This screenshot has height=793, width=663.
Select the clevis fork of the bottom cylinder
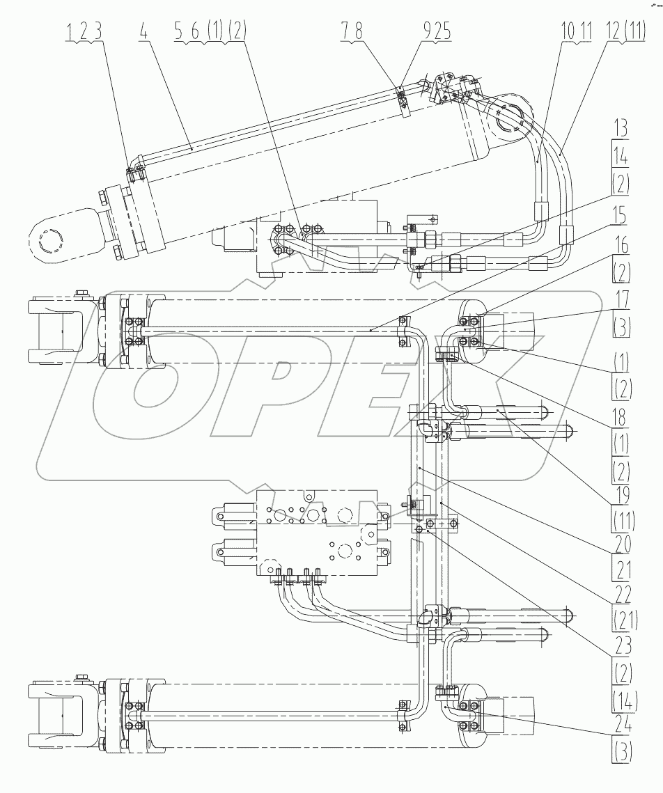pyautogui.click(x=58, y=717)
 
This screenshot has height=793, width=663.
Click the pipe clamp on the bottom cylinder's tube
pyautogui.click(x=403, y=716)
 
